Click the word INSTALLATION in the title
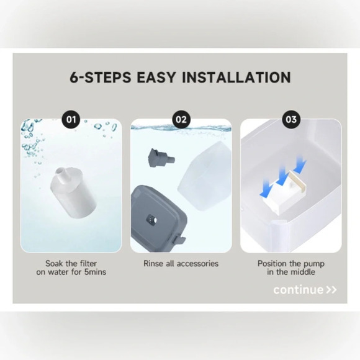(x=236, y=77)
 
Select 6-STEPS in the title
(x=101, y=77)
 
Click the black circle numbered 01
(x=71, y=119)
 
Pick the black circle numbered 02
(x=181, y=119)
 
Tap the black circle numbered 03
(x=291, y=119)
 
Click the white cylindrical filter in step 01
(x=73, y=193)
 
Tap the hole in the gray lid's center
(x=151, y=220)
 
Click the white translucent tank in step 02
(x=204, y=176)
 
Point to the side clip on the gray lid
(x=179, y=239)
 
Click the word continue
(x=298, y=290)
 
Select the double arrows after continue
(x=331, y=290)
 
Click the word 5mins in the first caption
(x=95, y=272)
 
